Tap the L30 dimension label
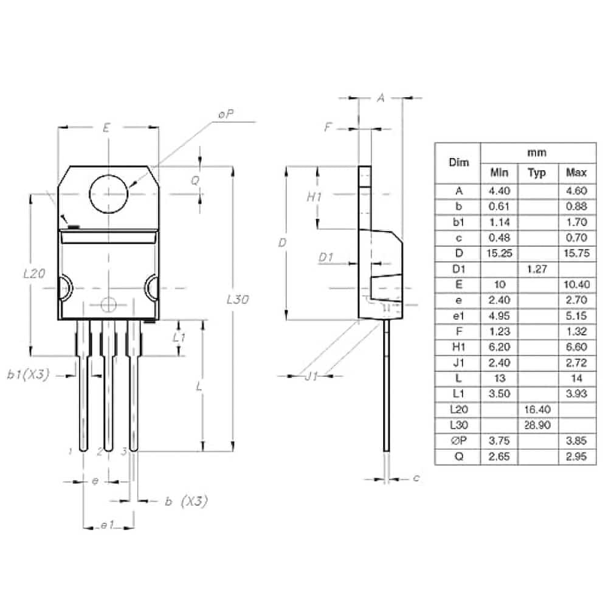coord(238,299)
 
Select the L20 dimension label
coord(34,274)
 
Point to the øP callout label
coord(226,114)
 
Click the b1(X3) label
coord(29,375)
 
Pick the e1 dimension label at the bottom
coord(108,525)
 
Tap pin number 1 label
coord(70,451)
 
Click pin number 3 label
coord(123,451)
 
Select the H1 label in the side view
coord(314,197)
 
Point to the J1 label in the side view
coord(311,376)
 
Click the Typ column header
coord(537,173)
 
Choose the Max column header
coord(576,172)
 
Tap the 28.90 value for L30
coord(537,426)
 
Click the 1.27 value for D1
coord(537,269)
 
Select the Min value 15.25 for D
coord(499,253)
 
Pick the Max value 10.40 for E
coord(576,285)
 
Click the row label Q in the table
coord(458,457)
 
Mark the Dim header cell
coord(458,162)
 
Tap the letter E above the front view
coord(106,127)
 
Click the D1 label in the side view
coord(326,257)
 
